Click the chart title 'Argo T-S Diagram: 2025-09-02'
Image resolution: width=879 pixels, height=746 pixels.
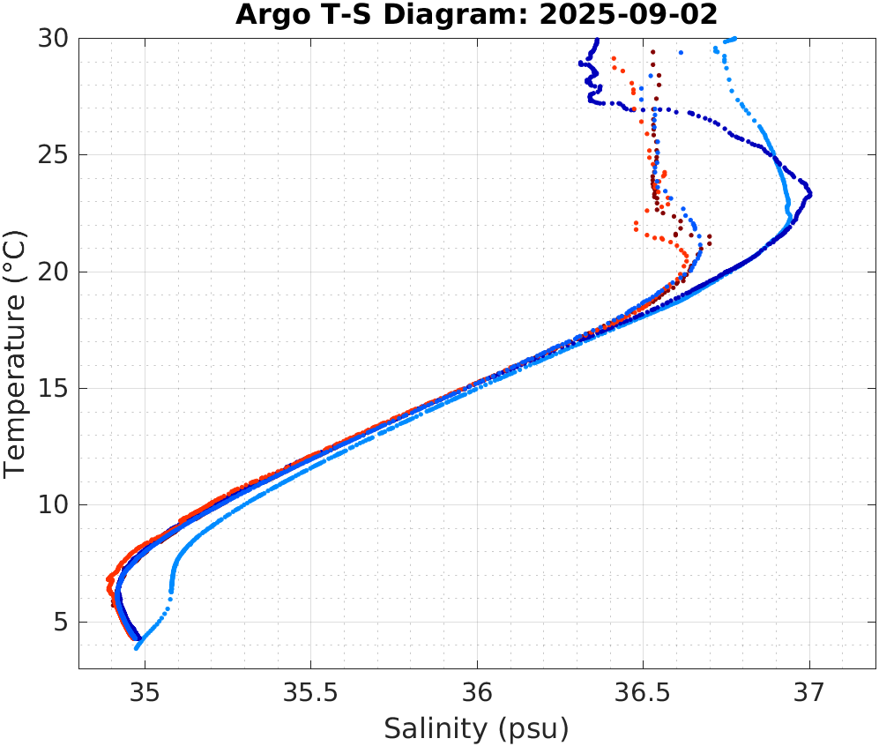[476, 15]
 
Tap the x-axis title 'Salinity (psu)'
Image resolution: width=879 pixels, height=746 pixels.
[476, 728]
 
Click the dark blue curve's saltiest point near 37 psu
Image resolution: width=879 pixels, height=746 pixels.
[809, 193]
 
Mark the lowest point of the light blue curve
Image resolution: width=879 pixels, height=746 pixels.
[137, 648]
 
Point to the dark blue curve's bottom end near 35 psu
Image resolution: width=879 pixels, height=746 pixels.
[138, 638]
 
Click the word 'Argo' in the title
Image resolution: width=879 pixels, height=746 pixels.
[264, 15]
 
